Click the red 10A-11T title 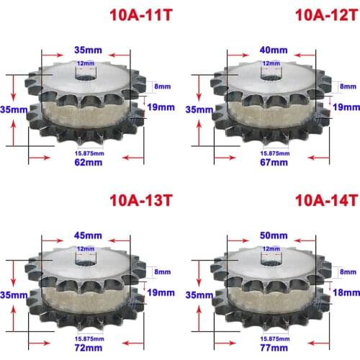141,15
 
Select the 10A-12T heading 327,15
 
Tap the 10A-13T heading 141,200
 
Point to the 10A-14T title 327,200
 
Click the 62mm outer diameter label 89,163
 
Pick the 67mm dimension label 274,163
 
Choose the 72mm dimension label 89,348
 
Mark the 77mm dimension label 274,348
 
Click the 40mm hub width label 274,50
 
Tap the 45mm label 88,235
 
